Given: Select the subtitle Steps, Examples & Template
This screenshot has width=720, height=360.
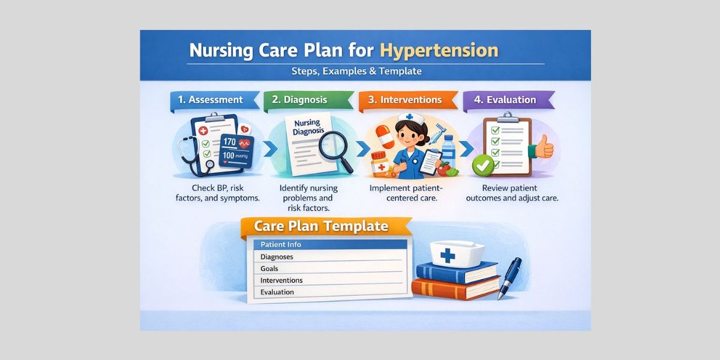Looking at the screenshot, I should pyautogui.click(x=356, y=71).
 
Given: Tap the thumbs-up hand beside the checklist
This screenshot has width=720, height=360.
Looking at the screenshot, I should pyautogui.click(x=544, y=146).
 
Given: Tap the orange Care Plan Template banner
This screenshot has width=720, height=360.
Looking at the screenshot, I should pyautogui.click(x=322, y=227).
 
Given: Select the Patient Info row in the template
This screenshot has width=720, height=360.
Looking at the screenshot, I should pyautogui.click(x=327, y=245).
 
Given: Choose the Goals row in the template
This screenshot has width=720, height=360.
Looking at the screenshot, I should pyautogui.click(x=327, y=268).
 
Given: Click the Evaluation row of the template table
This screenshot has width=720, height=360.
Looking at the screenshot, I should pyautogui.click(x=327, y=292).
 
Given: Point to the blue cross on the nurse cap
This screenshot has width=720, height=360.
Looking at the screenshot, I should pyautogui.click(x=447, y=256).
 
